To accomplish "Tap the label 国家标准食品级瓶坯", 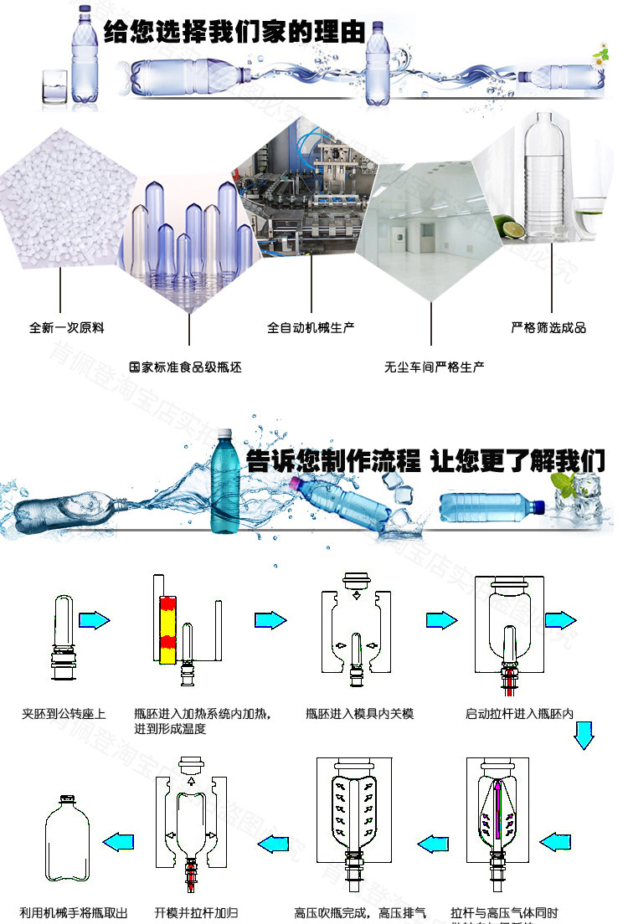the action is pyautogui.click(x=185, y=367).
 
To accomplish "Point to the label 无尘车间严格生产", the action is pyautogui.click(x=434, y=367).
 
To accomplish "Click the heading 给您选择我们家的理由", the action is pyautogui.click(x=234, y=34).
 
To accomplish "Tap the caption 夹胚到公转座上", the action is pyautogui.click(x=64, y=714).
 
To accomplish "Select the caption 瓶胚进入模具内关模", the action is pyautogui.click(x=360, y=714).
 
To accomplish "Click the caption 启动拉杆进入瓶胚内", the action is pyautogui.click(x=519, y=714).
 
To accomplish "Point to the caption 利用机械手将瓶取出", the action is pyautogui.click(x=74, y=912).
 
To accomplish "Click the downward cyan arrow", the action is pyautogui.click(x=584, y=736).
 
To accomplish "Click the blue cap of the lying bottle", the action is pyautogui.click(x=538, y=506).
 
